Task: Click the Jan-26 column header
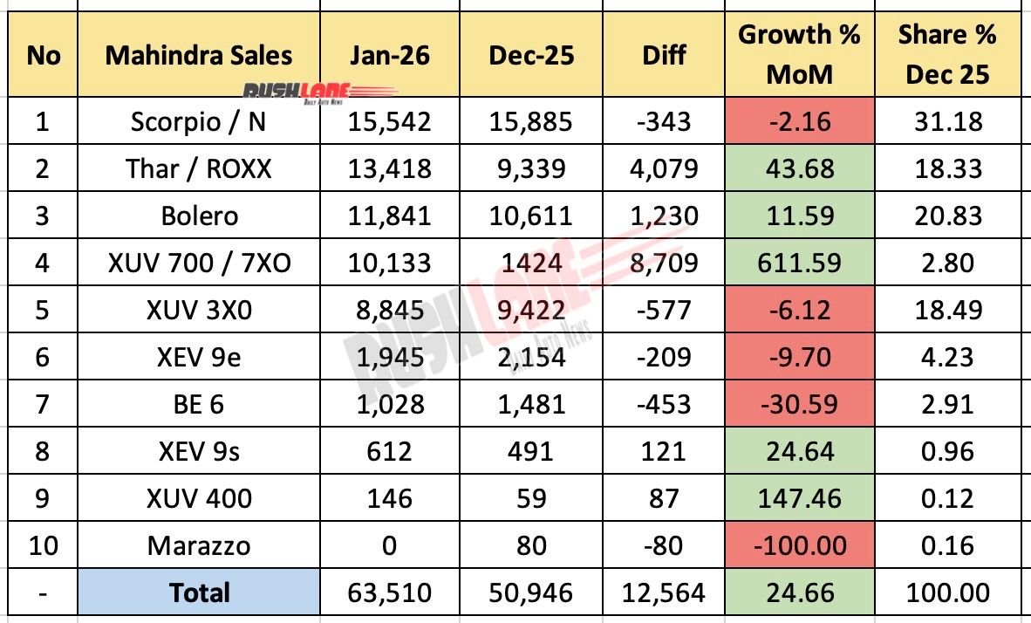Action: pos(389,56)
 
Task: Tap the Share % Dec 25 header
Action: pos(946,55)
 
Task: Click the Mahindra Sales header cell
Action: pos(198,56)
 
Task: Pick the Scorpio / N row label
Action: pos(198,121)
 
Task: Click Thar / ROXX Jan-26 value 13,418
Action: pos(389,168)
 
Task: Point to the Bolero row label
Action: pos(198,216)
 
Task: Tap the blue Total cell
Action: pos(198,593)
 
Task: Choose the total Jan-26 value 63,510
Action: pos(389,593)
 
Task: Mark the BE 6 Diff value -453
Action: pos(664,404)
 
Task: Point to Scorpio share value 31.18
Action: pos(946,121)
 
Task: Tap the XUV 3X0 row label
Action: pos(198,310)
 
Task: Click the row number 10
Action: pos(44,546)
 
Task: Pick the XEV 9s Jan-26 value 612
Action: pos(389,452)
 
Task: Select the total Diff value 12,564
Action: pos(664,593)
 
